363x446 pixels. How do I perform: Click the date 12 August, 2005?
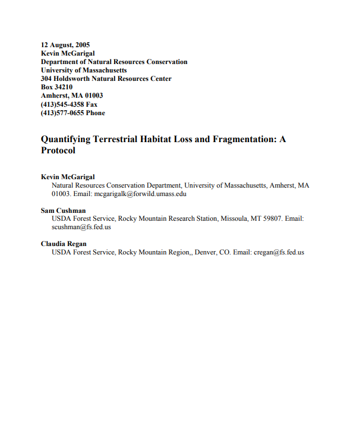pos(65,45)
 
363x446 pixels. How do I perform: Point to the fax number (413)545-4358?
pos(62,104)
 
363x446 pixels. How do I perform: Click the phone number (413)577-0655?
pos(62,113)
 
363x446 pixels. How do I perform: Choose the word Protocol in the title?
pos(58,151)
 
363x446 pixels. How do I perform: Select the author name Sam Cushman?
pos(63,211)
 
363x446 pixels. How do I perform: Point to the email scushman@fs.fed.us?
pos(81,227)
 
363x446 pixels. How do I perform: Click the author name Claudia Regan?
pos(63,244)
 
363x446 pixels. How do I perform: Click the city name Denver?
pos(205,252)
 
